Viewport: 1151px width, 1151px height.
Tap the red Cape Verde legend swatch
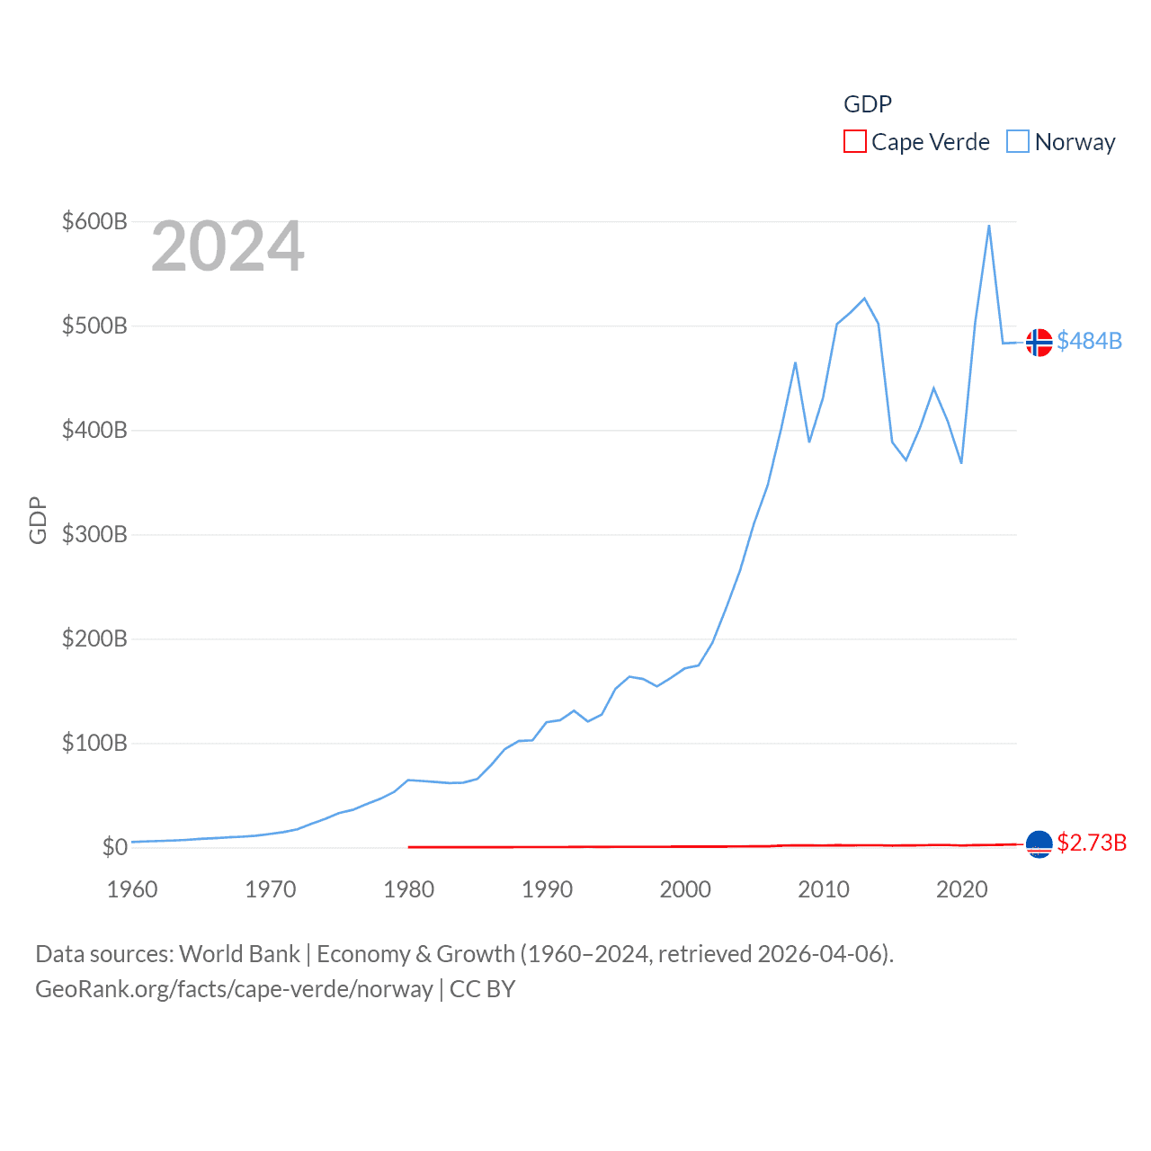click(854, 142)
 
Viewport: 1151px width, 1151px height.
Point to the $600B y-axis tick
click(94, 221)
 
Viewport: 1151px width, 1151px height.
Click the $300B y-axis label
click(94, 535)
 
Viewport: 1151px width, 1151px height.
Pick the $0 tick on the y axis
click(115, 847)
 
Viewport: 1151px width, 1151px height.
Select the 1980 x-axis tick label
click(408, 889)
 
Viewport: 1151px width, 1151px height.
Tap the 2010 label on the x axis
click(824, 889)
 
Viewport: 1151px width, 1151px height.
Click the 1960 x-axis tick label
click(132, 889)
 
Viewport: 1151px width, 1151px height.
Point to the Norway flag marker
click(1039, 343)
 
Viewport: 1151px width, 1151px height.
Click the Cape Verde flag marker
click(1039, 844)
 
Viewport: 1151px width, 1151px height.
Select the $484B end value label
click(1090, 341)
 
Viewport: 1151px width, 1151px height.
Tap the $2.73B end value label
click(1092, 843)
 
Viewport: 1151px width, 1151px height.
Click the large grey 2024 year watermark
click(228, 246)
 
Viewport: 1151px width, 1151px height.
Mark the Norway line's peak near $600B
click(989, 226)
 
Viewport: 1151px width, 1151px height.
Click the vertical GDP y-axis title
click(38, 520)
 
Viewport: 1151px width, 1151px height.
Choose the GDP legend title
click(868, 104)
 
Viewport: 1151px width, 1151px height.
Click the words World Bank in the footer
click(240, 953)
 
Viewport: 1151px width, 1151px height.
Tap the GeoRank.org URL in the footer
click(234, 989)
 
